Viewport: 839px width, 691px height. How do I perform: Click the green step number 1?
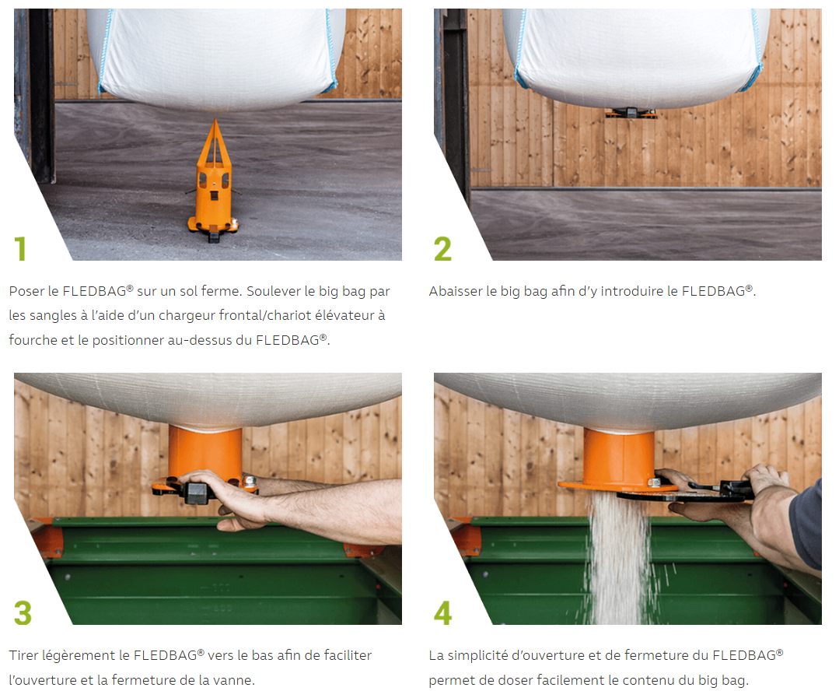[x=20, y=248]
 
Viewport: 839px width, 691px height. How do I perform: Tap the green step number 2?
[x=442, y=248]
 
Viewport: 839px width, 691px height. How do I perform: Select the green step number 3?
[x=23, y=612]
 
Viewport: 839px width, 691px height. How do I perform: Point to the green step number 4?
[x=443, y=612]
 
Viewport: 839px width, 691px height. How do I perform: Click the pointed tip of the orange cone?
[x=215, y=120]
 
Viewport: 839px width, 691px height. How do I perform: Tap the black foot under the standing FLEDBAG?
[x=214, y=234]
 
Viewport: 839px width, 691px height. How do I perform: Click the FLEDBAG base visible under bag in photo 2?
[x=631, y=113]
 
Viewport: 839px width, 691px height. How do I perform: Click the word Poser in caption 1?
[x=26, y=291]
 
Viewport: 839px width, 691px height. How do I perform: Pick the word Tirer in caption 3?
[x=23, y=655]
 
